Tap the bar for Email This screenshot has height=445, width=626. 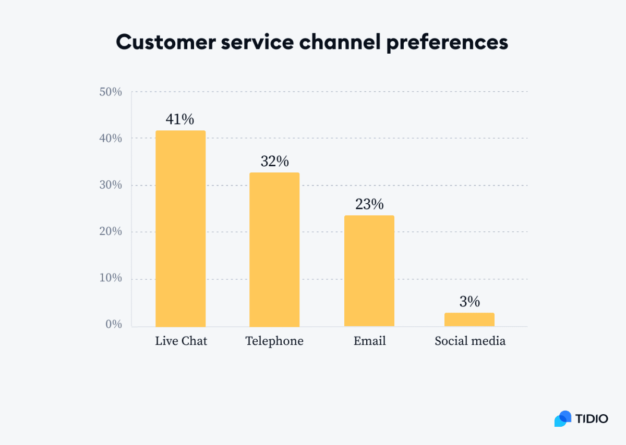pyautogui.click(x=369, y=270)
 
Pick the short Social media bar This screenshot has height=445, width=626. pyautogui.click(x=469, y=319)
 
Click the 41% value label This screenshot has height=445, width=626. pyautogui.click(x=180, y=119)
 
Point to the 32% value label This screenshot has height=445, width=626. pyautogui.click(x=274, y=162)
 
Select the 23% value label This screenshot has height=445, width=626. pyautogui.click(x=369, y=204)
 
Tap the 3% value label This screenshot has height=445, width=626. pyautogui.click(x=469, y=302)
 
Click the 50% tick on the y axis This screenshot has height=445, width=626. pyautogui.click(x=110, y=92)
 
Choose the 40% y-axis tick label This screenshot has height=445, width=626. pyautogui.click(x=110, y=139)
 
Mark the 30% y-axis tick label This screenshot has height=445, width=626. pyautogui.click(x=110, y=186)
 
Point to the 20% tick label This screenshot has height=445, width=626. pyautogui.click(x=110, y=231)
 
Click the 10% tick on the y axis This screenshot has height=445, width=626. pyautogui.click(x=110, y=278)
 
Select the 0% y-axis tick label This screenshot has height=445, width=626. pyautogui.click(x=113, y=325)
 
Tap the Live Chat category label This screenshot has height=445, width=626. pyautogui.click(x=181, y=341)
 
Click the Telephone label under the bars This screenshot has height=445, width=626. pyautogui.click(x=274, y=341)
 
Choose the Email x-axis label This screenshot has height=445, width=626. pyautogui.click(x=369, y=341)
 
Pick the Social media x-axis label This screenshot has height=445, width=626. pyautogui.click(x=470, y=341)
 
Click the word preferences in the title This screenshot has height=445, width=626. pyautogui.click(x=447, y=43)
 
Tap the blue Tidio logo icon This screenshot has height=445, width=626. pyautogui.click(x=563, y=418)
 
